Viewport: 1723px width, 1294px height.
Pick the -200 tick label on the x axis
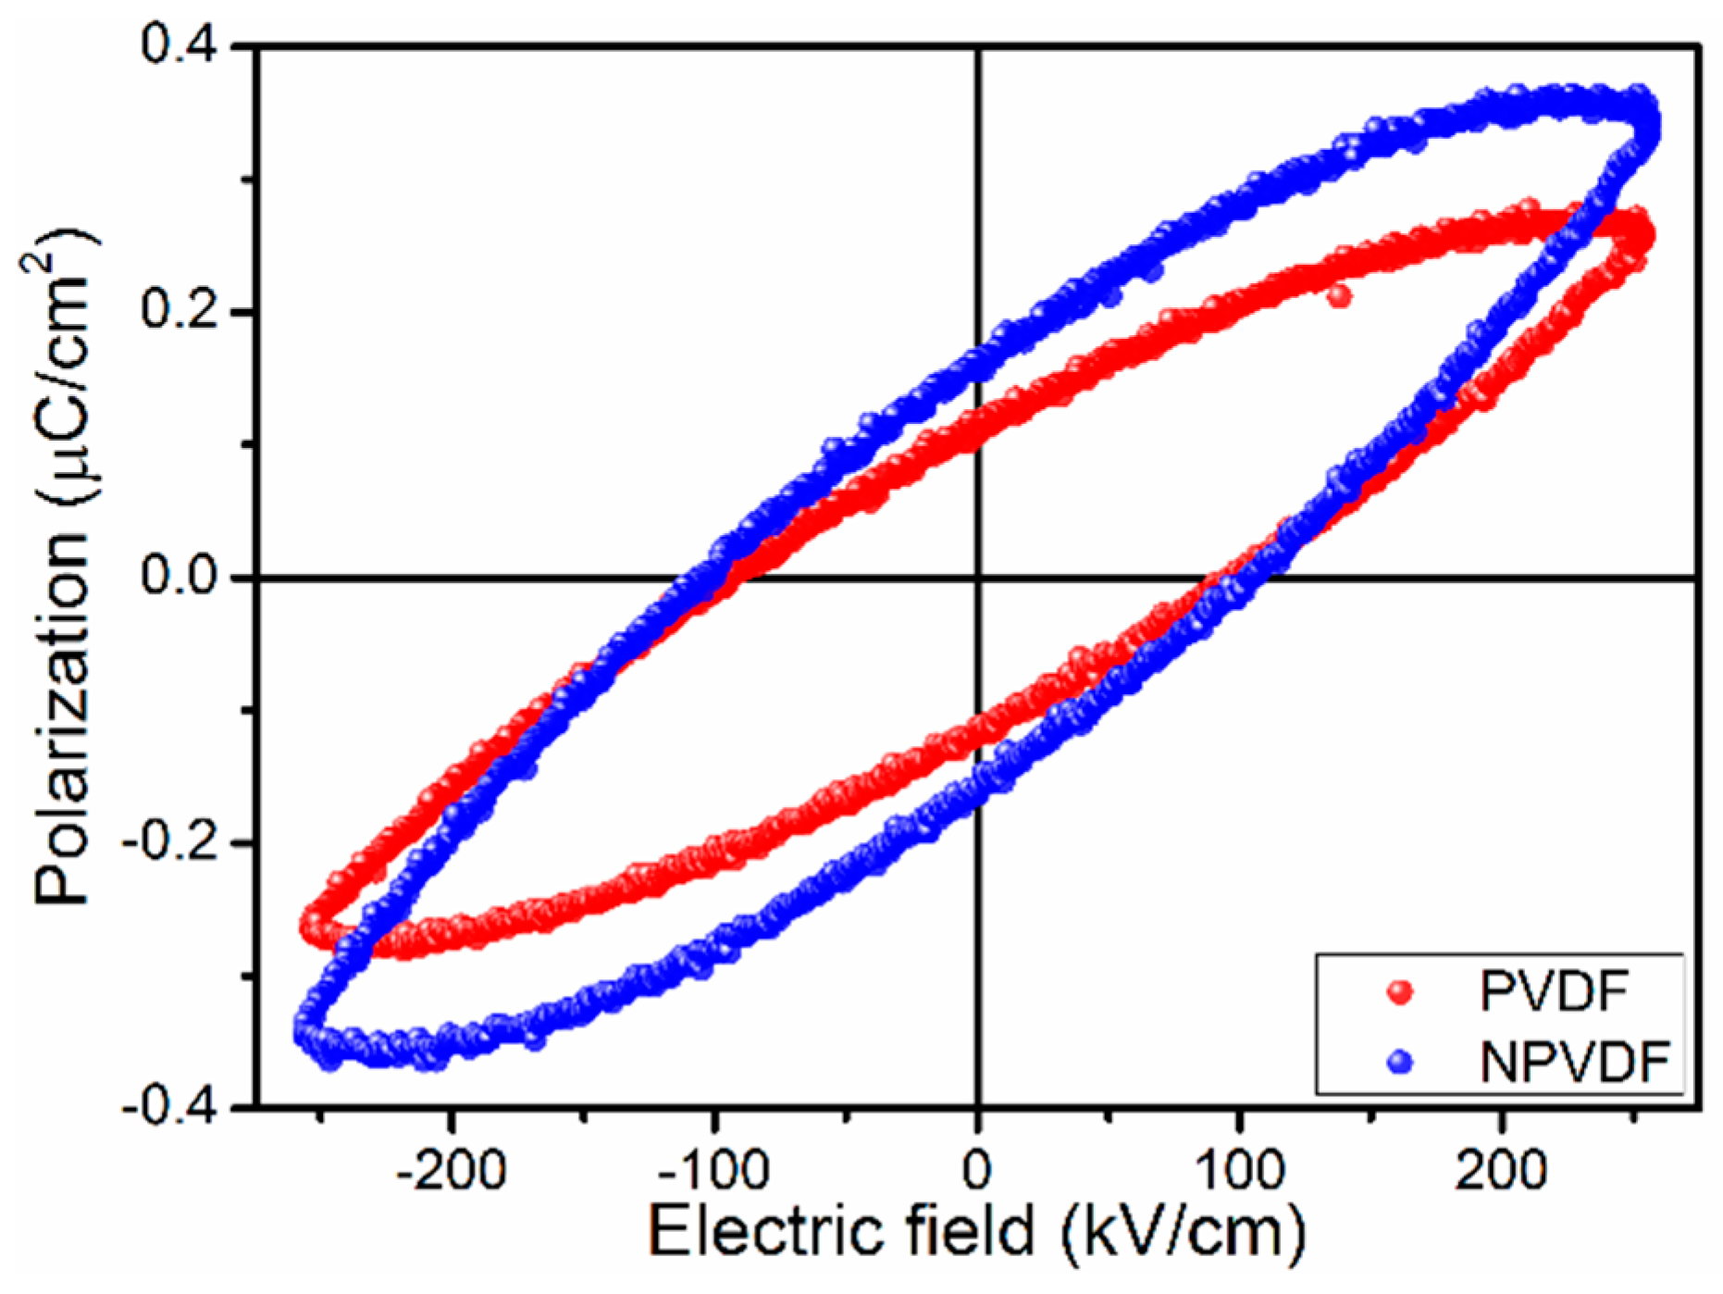click(x=452, y=1172)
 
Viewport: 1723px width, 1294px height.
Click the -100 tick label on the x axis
click(x=713, y=1172)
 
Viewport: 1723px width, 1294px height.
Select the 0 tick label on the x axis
click(x=977, y=1172)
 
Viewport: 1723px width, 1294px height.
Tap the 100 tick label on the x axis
click(x=1239, y=1172)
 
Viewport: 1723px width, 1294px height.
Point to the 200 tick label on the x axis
click(x=1501, y=1172)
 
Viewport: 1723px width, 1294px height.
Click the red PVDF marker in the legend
click(x=1401, y=991)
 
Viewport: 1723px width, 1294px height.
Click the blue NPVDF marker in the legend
click(x=1401, y=1061)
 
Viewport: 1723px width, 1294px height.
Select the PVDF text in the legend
click(x=1554, y=991)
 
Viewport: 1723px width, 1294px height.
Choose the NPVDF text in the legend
click(x=1573, y=1062)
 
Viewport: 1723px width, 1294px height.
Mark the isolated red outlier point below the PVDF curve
click(x=1338, y=296)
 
